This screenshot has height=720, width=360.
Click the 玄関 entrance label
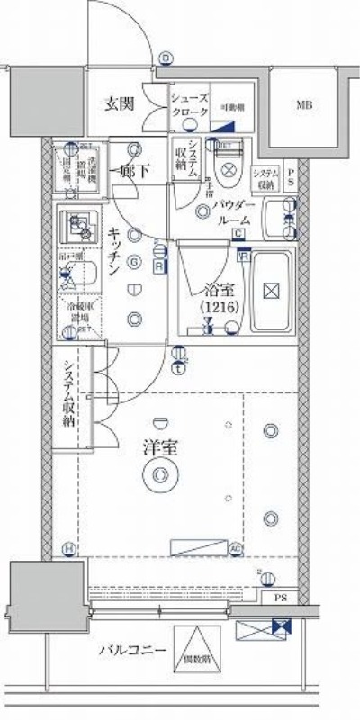coord(119,103)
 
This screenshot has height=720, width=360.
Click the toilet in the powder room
coord(228,164)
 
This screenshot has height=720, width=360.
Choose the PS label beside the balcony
coord(280,598)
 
